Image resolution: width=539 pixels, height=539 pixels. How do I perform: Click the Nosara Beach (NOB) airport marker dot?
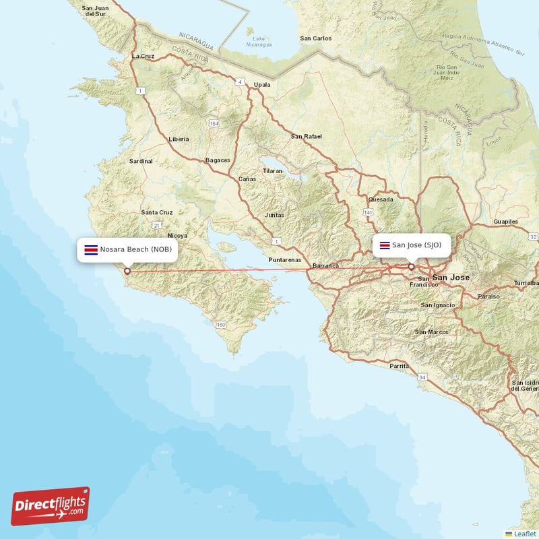pos(127,272)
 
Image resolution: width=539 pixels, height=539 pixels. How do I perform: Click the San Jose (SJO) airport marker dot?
pos(411,267)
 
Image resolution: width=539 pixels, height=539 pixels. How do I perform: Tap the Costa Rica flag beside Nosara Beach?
pos(89,249)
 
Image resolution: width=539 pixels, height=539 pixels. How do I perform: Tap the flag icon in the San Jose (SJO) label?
pos(385,245)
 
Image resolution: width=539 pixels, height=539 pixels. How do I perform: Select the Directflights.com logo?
pos(50,506)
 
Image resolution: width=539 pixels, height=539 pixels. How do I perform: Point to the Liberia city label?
pos(179,139)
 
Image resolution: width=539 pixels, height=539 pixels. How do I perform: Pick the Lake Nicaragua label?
pos(259,42)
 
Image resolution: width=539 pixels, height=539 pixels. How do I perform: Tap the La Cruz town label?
pos(144,56)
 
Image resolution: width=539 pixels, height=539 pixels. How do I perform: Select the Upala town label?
pos(261,85)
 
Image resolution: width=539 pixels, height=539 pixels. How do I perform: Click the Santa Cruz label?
pos(157,212)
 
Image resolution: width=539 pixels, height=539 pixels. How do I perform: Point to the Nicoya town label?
pos(178,236)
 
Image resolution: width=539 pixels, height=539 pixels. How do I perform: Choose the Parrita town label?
pos(400,366)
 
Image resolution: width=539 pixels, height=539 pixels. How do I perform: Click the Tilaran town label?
pos(273,171)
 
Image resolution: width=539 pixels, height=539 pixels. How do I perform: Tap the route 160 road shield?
pos(221,325)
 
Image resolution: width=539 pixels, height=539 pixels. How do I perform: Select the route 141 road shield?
pos(368,212)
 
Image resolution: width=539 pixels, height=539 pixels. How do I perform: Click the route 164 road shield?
pos(214,123)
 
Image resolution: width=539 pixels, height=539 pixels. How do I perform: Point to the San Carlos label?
pos(316,38)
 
